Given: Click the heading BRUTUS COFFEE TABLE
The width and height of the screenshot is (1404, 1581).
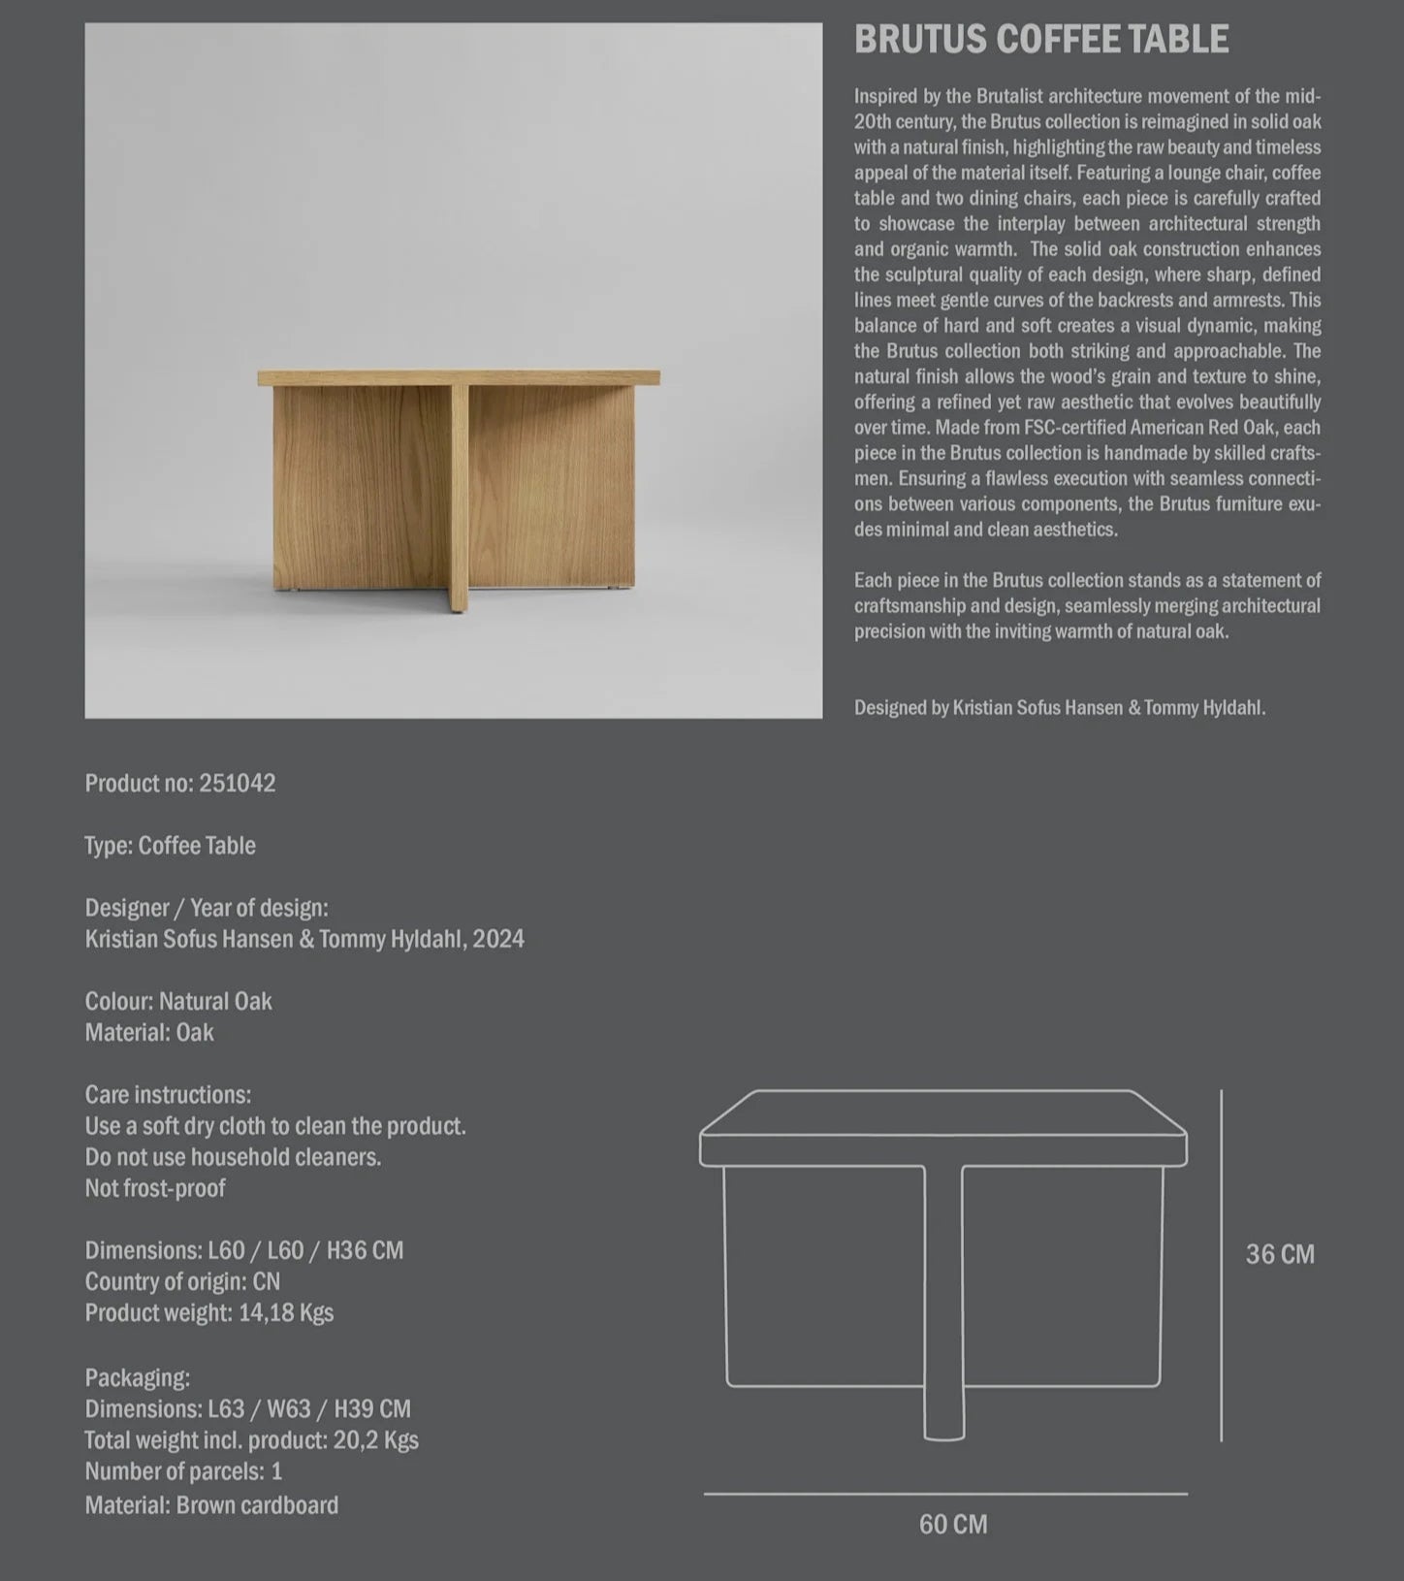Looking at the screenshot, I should coord(1040,40).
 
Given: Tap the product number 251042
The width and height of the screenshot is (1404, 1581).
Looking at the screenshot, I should coord(237,784).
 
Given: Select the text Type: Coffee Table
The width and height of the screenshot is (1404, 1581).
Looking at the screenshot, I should coord(170,846).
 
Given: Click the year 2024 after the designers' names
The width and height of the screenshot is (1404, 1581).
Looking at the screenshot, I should coord(498,939).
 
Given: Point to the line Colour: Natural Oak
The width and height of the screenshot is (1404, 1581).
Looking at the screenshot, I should coord(178,1001).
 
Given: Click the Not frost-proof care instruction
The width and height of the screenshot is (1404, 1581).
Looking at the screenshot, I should coord(155,1188).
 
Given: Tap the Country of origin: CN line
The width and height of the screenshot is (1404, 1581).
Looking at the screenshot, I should coord(182,1281).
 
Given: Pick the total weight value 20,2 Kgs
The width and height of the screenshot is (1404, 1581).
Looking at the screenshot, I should coord(376,1440).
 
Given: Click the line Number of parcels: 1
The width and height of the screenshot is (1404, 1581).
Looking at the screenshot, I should coord(183,1471).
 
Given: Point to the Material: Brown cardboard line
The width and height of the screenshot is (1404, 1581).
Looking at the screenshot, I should coord(211,1505).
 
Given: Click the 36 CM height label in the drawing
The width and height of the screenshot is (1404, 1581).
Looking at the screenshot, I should coord(1280,1254).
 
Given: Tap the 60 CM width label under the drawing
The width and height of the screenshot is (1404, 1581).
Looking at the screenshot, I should coord(953,1524).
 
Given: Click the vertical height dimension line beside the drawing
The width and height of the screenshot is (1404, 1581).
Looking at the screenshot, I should coord(1221,1261).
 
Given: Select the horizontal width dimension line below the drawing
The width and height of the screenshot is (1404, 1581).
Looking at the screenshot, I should coord(945,1494).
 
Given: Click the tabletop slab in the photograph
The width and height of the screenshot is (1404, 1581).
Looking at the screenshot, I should coord(459,377).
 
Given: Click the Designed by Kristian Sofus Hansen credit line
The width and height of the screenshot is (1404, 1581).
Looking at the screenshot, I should coord(1059,708).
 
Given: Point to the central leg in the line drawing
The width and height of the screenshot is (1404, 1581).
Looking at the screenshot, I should coord(943,1300).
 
